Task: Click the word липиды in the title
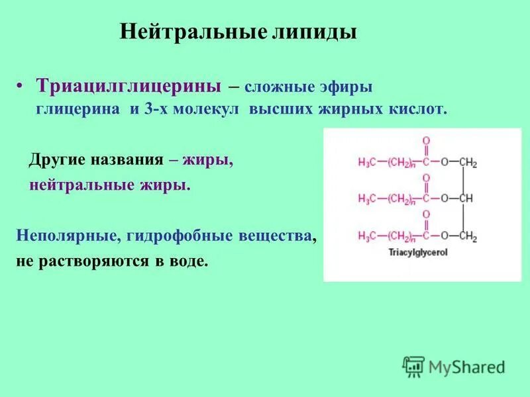(x=315, y=32)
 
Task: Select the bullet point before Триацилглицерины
(x=21, y=87)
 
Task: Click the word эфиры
(x=345, y=87)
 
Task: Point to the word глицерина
(x=78, y=109)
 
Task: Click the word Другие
(x=58, y=160)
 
